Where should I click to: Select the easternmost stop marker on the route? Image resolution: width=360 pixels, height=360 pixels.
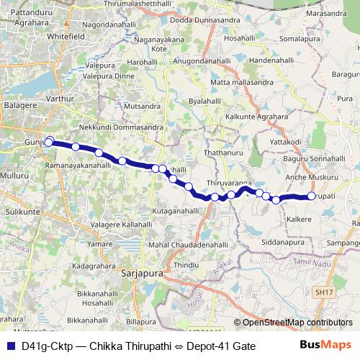click(x=312, y=196)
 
